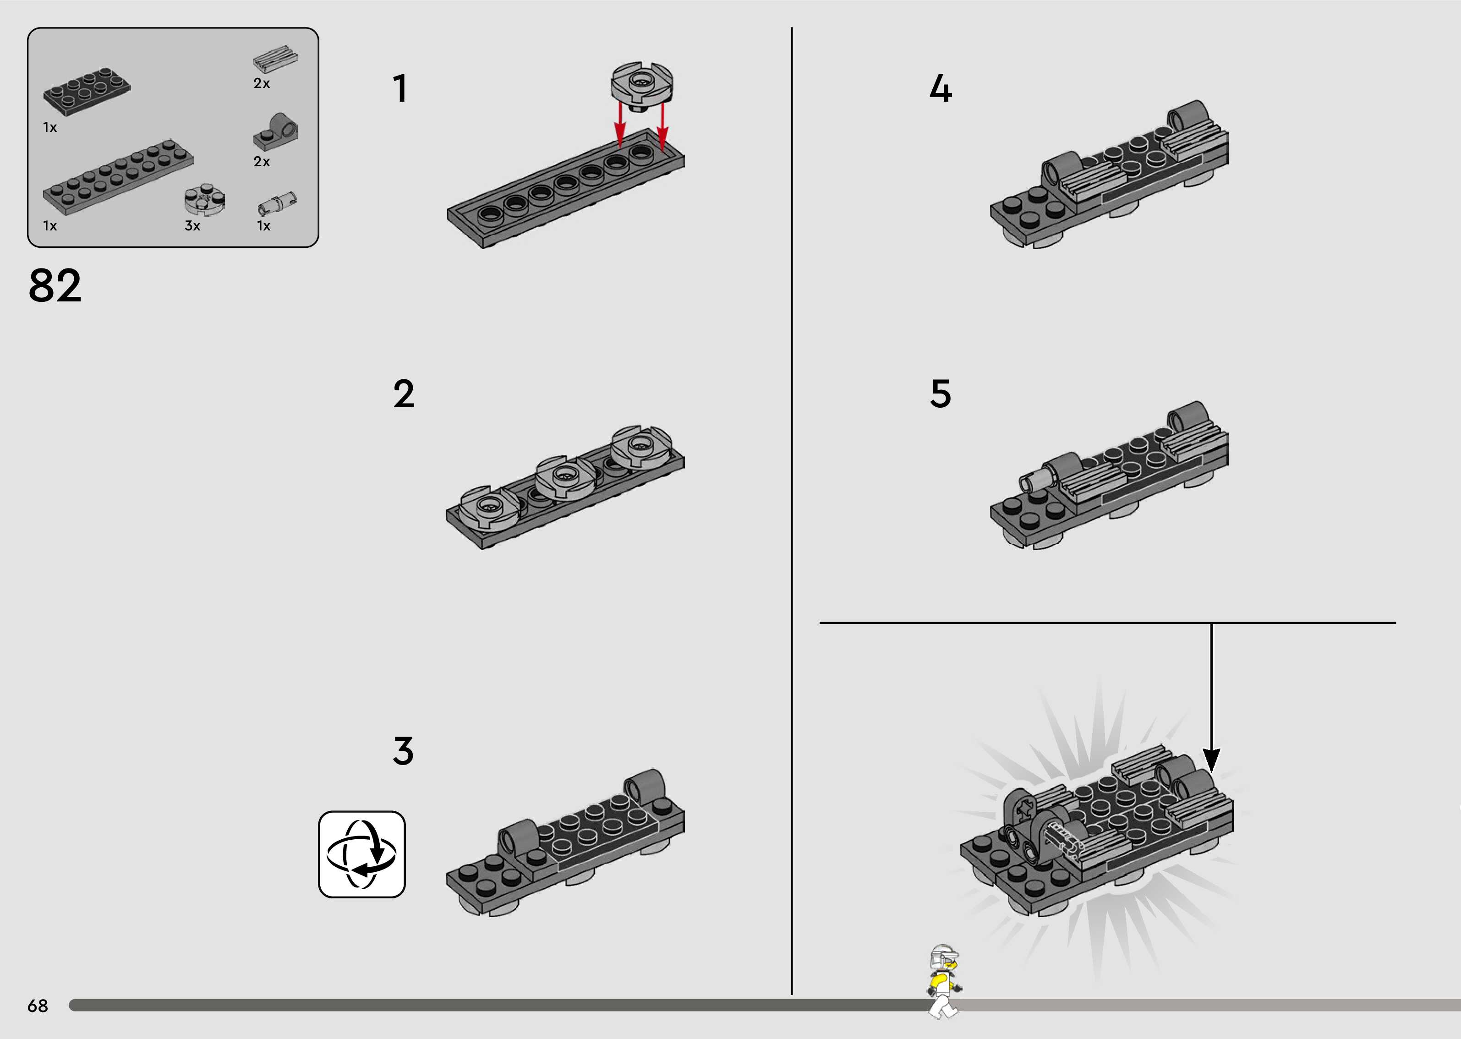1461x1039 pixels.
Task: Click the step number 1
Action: click(400, 88)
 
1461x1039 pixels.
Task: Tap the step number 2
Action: click(404, 394)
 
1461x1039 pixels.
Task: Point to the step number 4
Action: click(940, 88)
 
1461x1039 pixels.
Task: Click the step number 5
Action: click(940, 394)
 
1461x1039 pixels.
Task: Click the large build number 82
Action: click(55, 285)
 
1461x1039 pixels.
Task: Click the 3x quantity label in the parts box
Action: click(192, 226)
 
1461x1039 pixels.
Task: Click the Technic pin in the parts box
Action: click(277, 203)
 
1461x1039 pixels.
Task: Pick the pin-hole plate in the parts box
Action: click(276, 132)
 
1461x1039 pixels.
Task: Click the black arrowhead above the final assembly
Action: click(1211, 760)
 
